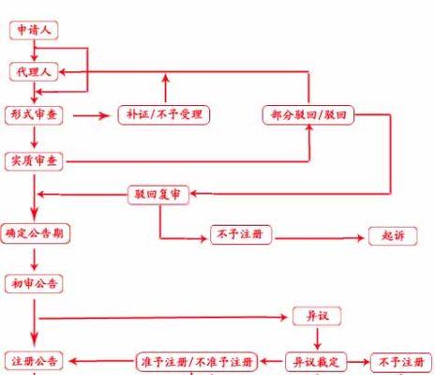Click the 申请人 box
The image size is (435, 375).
34,30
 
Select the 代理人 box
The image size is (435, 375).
34,72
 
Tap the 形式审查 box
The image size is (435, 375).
34,115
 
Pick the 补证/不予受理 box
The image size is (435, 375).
164,115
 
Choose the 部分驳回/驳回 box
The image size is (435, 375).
308,115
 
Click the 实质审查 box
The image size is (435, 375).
34,161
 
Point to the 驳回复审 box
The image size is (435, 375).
158,195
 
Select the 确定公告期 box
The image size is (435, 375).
35,233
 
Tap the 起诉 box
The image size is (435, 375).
393,236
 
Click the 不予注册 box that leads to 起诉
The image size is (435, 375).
241,234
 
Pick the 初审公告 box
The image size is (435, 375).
34,284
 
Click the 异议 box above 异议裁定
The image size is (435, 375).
317,316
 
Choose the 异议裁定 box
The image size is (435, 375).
316,362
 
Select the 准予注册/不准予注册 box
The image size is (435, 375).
197,362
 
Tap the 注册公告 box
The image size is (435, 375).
34,361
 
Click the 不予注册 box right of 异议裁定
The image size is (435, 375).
401,363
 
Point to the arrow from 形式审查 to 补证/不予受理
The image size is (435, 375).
91,116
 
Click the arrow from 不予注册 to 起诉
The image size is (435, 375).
320,238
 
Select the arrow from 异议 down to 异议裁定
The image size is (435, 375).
317,338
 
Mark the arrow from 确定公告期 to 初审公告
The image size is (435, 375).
35,260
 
